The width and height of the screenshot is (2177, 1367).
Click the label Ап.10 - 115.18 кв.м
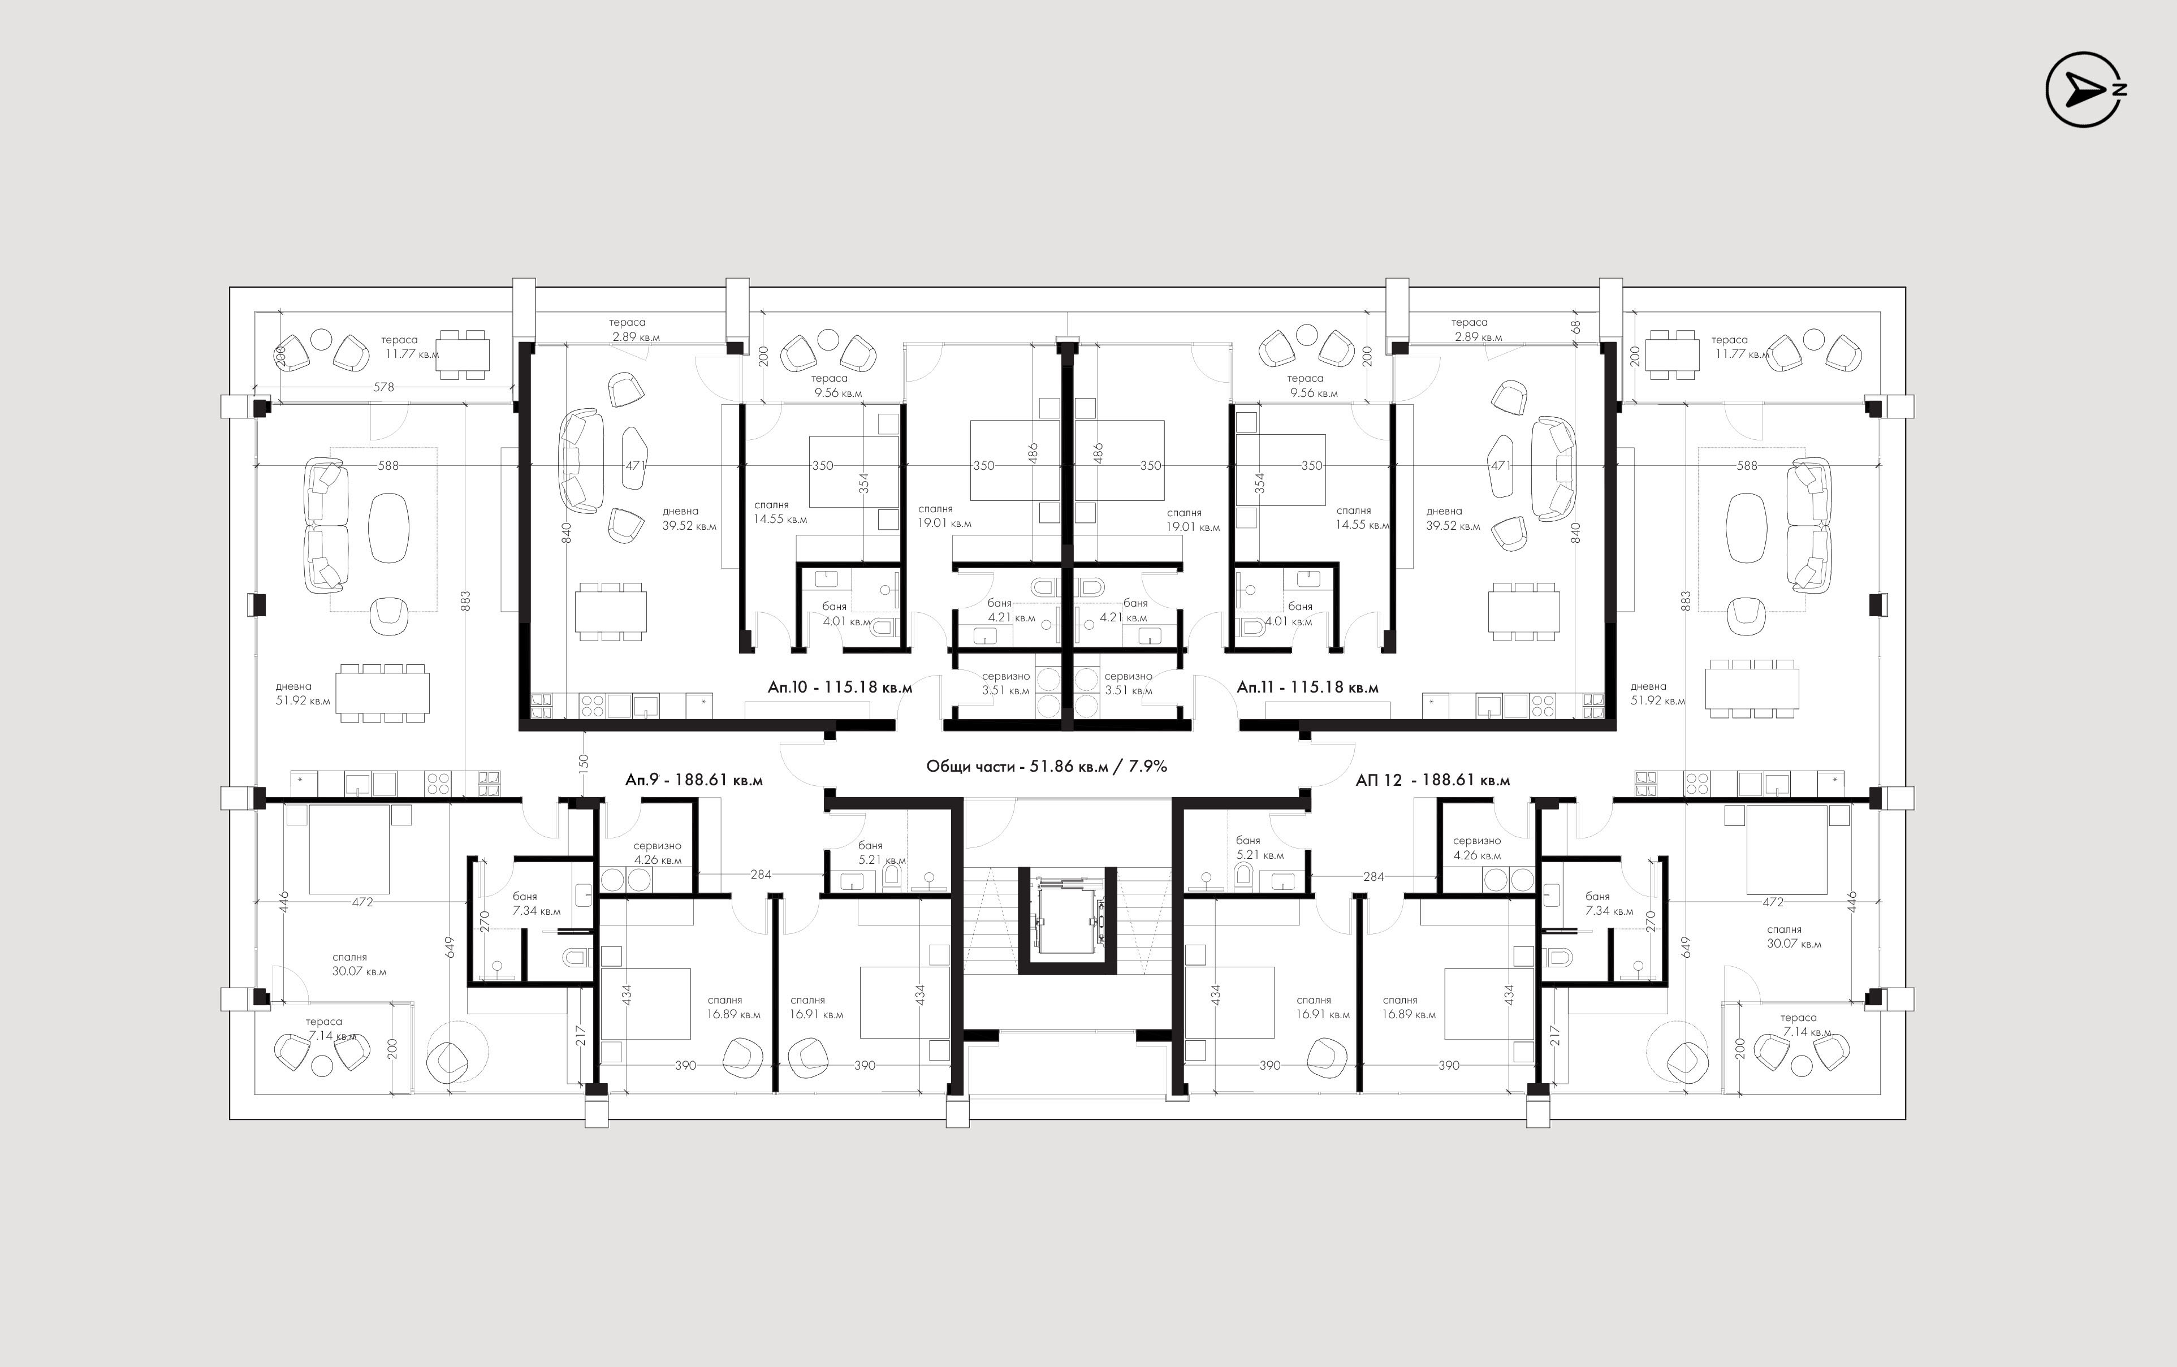click(840, 687)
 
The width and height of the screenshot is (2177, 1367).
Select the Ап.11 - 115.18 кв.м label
click(1307, 687)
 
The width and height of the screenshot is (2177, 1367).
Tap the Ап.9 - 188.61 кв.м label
click(693, 780)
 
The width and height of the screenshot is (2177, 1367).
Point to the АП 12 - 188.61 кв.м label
click(1433, 780)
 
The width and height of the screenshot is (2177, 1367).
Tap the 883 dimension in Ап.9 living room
click(465, 600)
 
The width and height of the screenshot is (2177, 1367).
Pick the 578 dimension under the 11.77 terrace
click(385, 387)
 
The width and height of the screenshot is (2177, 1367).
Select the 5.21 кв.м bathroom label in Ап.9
click(882, 860)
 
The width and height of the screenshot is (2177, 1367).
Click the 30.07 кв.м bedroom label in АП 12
click(1795, 944)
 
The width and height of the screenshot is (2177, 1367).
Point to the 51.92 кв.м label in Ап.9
click(303, 700)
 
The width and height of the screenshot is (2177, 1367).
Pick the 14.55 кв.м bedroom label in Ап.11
click(1362, 525)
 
